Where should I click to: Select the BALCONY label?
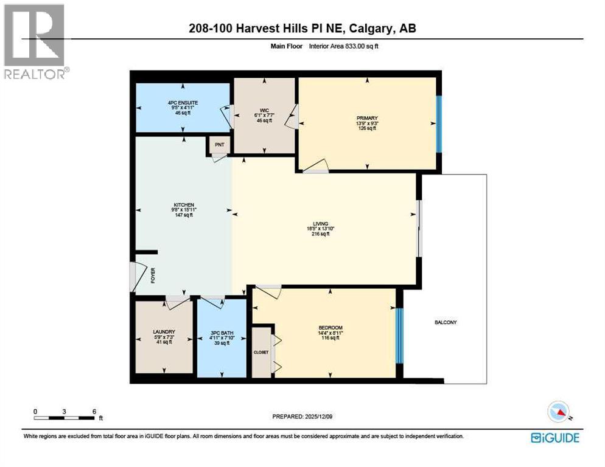[446, 322]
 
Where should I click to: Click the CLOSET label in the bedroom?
[261, 351]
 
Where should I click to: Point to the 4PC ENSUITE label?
[183, 103]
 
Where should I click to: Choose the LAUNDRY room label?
[164, 331]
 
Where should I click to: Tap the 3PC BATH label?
[221, 333]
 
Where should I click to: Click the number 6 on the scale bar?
[94, 411]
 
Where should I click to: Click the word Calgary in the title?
[366, 28]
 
